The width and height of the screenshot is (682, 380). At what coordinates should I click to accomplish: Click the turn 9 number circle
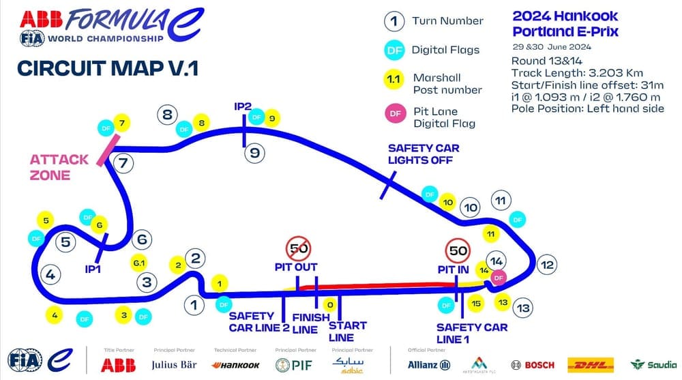tap(254, 153)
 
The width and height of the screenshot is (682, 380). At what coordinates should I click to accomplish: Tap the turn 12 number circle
tap(546, 265)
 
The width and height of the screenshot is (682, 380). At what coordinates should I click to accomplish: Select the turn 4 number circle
tap(50, 274)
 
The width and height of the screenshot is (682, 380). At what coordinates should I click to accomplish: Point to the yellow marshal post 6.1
tap(139, 262)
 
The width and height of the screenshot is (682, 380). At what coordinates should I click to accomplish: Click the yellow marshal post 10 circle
tap(447, 203)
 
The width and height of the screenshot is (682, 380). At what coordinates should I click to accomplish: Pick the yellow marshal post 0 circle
tap(329, 305)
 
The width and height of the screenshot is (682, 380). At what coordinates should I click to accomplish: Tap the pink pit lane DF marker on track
tap(499, 276)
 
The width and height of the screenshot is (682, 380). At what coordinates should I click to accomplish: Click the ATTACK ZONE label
tap(59, 167)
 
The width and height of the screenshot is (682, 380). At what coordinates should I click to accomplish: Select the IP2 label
tap(243, 106)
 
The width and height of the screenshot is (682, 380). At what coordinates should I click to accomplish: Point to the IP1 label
tap(93, 269)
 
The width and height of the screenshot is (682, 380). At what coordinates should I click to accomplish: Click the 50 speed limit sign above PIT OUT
tap(299, 248)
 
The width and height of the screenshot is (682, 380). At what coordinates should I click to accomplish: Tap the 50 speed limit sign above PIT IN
tap(458, 251)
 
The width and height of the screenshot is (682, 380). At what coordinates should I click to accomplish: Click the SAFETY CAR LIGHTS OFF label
tap(424, 154)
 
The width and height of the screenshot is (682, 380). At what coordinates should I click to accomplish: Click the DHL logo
tap(591, 364)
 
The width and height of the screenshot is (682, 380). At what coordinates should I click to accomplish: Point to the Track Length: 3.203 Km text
tap(577, 73)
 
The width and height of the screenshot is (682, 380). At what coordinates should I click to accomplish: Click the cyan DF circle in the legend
tap(393, 49)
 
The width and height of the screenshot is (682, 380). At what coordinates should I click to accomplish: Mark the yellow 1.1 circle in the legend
tap(393, 79)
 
